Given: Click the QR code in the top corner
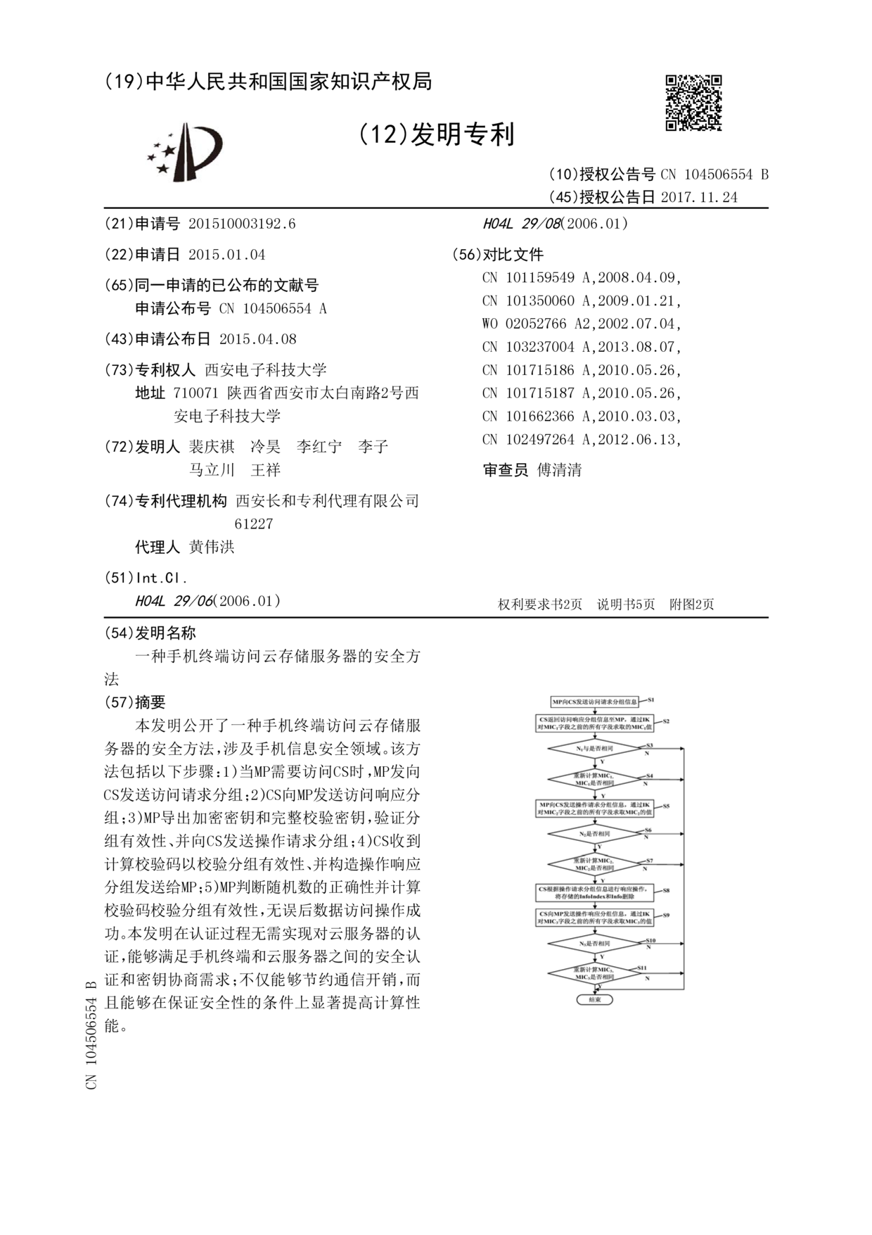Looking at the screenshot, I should [x=693, y=103].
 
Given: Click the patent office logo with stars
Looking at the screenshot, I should [x=184, y=151].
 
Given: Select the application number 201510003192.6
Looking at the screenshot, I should [x=242, y=224].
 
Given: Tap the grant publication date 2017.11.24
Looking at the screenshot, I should [x=699, y=197].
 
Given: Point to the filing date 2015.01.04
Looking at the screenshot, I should [x=226, y=255].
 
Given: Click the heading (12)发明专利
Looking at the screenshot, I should [x=437, y=134].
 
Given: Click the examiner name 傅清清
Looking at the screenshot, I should [x=559, y=470].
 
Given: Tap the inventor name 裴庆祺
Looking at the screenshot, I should [x=212, y=447].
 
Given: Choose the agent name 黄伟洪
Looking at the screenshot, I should [x=212, y=547].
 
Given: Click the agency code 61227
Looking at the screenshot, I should [x=253, y=524].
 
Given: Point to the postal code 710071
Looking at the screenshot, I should [x=195, y=393].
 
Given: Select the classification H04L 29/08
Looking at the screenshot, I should [x=521, y=224].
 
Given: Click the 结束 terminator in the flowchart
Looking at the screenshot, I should [x=594, y=999].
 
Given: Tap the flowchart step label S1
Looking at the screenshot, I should [x=651, y=699].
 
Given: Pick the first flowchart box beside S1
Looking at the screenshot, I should [x=594, y=702].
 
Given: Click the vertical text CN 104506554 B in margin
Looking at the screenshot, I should [x=91, y=1034].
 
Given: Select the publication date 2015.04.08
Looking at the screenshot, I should [x=257, y=339].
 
